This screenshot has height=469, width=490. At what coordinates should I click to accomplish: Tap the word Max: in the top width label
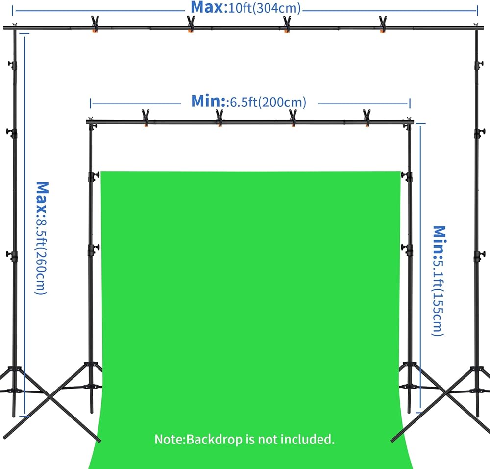209,8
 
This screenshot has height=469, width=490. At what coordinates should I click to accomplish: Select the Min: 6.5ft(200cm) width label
248,102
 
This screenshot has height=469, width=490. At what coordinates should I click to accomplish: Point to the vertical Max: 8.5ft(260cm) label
42,238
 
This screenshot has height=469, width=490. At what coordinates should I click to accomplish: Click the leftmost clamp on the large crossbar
95,25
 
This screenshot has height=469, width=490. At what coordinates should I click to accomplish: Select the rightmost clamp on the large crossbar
383,25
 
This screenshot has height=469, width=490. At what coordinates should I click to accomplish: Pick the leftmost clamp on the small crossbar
145,117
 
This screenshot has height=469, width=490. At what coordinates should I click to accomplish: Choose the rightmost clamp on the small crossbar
367,117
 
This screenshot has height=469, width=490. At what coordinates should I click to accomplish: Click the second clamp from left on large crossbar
190,25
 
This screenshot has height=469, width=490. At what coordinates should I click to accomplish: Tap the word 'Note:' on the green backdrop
170,439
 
